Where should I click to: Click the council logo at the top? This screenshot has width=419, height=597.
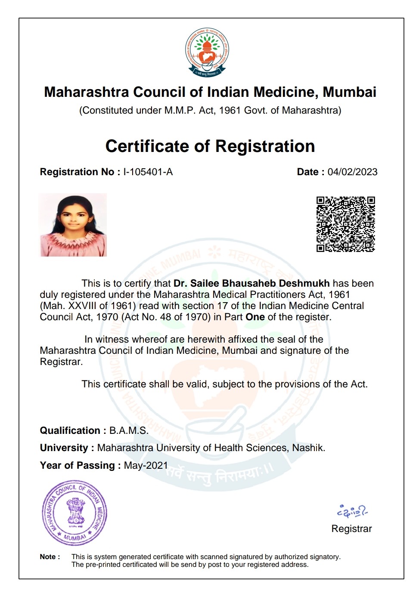[x=207, y=52]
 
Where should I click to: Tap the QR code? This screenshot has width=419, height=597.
[x=345, y=224]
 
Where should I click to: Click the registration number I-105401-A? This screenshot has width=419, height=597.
[x=148, y=172]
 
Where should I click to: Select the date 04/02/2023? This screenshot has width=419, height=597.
[x=352, y=172]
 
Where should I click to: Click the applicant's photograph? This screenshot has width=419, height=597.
[x=73, y=225]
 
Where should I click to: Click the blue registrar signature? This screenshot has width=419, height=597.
[x=352, y=511]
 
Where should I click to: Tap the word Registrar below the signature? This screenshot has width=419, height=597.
[x=351, y=529]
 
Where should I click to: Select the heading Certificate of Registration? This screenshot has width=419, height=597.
[x=210, y=146]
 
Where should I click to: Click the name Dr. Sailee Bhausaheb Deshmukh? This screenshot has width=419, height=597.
[x=251, y=284]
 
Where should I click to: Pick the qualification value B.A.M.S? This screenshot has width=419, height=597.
[x=129, y=431]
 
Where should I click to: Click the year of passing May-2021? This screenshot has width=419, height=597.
[x=146, y=466]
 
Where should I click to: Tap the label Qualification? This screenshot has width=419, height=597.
[x=70, y=431]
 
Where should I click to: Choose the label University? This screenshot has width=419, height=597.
[x=64, y=448]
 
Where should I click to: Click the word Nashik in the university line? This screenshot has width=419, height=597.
[x=308, y=448]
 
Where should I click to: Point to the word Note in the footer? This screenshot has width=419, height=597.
[x=48, y=557]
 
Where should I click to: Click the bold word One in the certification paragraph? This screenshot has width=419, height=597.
[x=255, y=317]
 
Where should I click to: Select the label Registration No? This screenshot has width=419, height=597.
[x=77, y=172]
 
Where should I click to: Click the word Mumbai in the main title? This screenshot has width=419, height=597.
[x=349, y=92]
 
